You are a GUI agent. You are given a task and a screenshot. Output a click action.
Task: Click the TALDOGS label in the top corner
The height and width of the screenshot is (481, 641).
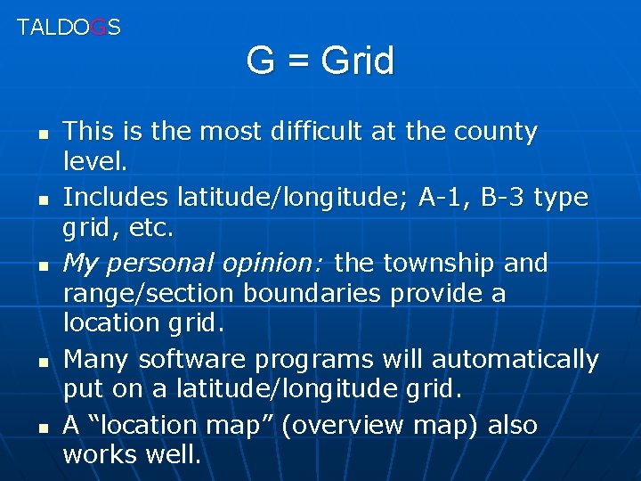[69, 27]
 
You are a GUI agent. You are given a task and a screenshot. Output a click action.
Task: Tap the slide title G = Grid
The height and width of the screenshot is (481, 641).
[320, 61]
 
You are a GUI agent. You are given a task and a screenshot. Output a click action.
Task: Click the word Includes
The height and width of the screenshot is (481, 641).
[116, 196]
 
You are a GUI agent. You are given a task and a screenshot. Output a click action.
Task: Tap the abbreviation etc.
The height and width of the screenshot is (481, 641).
[154, 228]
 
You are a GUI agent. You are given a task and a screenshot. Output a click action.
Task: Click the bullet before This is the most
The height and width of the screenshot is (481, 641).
[41, 134]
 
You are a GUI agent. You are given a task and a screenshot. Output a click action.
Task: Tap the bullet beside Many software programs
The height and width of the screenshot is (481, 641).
[41, 363]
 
